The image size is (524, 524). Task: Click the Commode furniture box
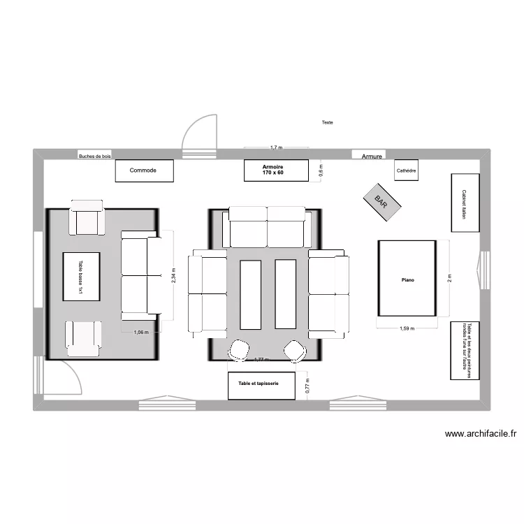click(143, 170)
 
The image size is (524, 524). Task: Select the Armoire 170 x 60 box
click(276, 170)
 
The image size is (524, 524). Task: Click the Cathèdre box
click(406, 170)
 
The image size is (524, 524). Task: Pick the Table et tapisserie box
click(258, 385)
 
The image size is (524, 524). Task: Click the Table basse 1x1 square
click(81, 277)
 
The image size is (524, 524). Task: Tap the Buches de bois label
click(95, 157)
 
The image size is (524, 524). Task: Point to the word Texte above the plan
click(327, 123)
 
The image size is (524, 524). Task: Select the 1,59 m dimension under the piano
click(408, 328)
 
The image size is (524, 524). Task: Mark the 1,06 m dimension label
click(142, 333)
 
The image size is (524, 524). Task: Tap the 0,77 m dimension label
click(307, 385)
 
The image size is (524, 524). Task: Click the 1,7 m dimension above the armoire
click(276, 147)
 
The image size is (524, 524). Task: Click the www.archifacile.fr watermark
click(480, 434)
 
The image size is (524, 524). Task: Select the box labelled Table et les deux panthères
click(465, 350)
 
